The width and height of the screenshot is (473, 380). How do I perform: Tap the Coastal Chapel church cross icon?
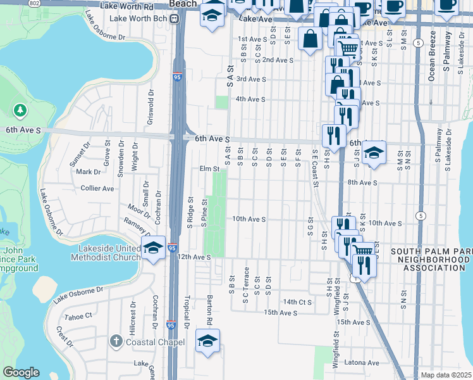click(115, 342)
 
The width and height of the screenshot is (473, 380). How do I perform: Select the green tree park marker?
click(20, 111)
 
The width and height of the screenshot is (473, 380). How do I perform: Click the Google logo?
click(21, 372)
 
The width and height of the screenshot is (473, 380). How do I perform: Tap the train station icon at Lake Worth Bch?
click(180, 19)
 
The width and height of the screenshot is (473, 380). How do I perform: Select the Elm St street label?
click(209, 169)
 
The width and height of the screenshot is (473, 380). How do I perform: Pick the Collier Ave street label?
click(97, 188)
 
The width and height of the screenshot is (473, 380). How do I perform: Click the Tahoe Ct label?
click(79, 315)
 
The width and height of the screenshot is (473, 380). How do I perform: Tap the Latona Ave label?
click(362, 363)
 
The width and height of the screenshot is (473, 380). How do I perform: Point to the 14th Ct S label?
click(298, 302)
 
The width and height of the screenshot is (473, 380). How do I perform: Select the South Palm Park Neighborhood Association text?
click(431, 260)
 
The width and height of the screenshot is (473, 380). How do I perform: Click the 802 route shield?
click(34, 3)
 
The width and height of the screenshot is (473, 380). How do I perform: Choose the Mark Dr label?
click(89, 172)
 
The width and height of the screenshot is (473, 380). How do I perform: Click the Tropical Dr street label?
click(187, 312)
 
